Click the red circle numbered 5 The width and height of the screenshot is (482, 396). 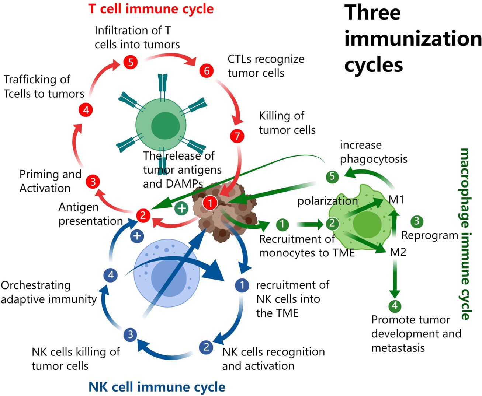[x=130, y=62]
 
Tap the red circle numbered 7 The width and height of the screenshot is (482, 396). [x=237, y=136]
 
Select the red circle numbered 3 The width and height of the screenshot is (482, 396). [x=93, y=182]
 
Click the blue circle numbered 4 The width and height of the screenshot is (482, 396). [x=111, y=275]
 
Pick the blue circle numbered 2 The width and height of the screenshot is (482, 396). [x=206, y=347]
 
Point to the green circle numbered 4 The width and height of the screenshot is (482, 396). [x=395, y=306]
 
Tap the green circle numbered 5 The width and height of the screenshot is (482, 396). [x=332, y=176]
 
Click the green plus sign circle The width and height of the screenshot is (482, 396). [x=181, y=208]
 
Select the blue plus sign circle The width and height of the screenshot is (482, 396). [x=137, y=236]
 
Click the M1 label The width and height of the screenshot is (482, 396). [x=396, y=200]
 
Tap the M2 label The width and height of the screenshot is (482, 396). [x=398, y=252]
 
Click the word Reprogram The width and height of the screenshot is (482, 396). [x=430, y=235]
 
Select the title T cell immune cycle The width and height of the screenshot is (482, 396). [x=151, y=8]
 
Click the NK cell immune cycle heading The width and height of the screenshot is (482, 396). [x=157, y=387]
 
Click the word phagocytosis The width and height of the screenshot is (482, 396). [x=374, y=159]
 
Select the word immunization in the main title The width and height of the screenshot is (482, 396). [x=413, y=39]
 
